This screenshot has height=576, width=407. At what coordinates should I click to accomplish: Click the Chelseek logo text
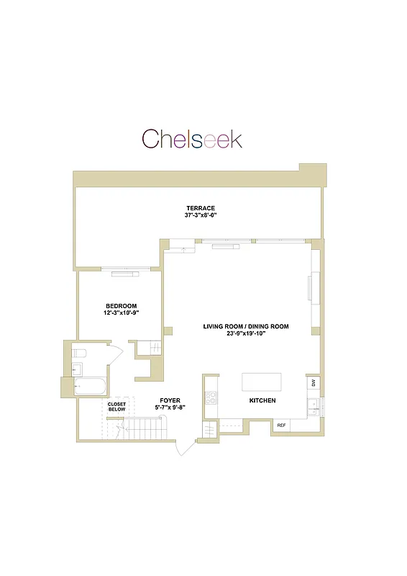coord(191,139)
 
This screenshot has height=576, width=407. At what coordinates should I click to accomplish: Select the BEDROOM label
coord(121,306)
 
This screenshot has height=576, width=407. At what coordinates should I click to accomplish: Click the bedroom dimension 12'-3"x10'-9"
coord(121,313)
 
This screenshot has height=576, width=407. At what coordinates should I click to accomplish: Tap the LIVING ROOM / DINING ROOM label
coord(245,326)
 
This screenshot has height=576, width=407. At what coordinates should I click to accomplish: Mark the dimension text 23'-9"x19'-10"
coord(245,333)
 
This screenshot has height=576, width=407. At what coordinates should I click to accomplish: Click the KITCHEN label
coord(262,400)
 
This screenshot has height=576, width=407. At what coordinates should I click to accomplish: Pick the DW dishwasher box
coord(313,382)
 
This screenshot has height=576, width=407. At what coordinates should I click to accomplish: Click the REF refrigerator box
coord(280,426)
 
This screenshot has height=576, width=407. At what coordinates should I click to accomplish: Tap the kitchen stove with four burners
coord(211,398)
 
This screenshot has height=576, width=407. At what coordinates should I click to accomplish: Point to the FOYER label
coord(170,400)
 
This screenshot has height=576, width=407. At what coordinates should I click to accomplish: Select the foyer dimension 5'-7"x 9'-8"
coord(170,408)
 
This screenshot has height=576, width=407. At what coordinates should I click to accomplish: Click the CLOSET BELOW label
coord(116,407)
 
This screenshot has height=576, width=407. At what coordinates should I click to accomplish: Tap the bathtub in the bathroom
coord(90,387)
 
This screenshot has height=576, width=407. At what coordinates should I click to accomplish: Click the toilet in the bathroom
coord(79,353)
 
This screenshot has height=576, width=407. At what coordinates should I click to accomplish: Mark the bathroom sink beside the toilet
coord(77,369)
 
